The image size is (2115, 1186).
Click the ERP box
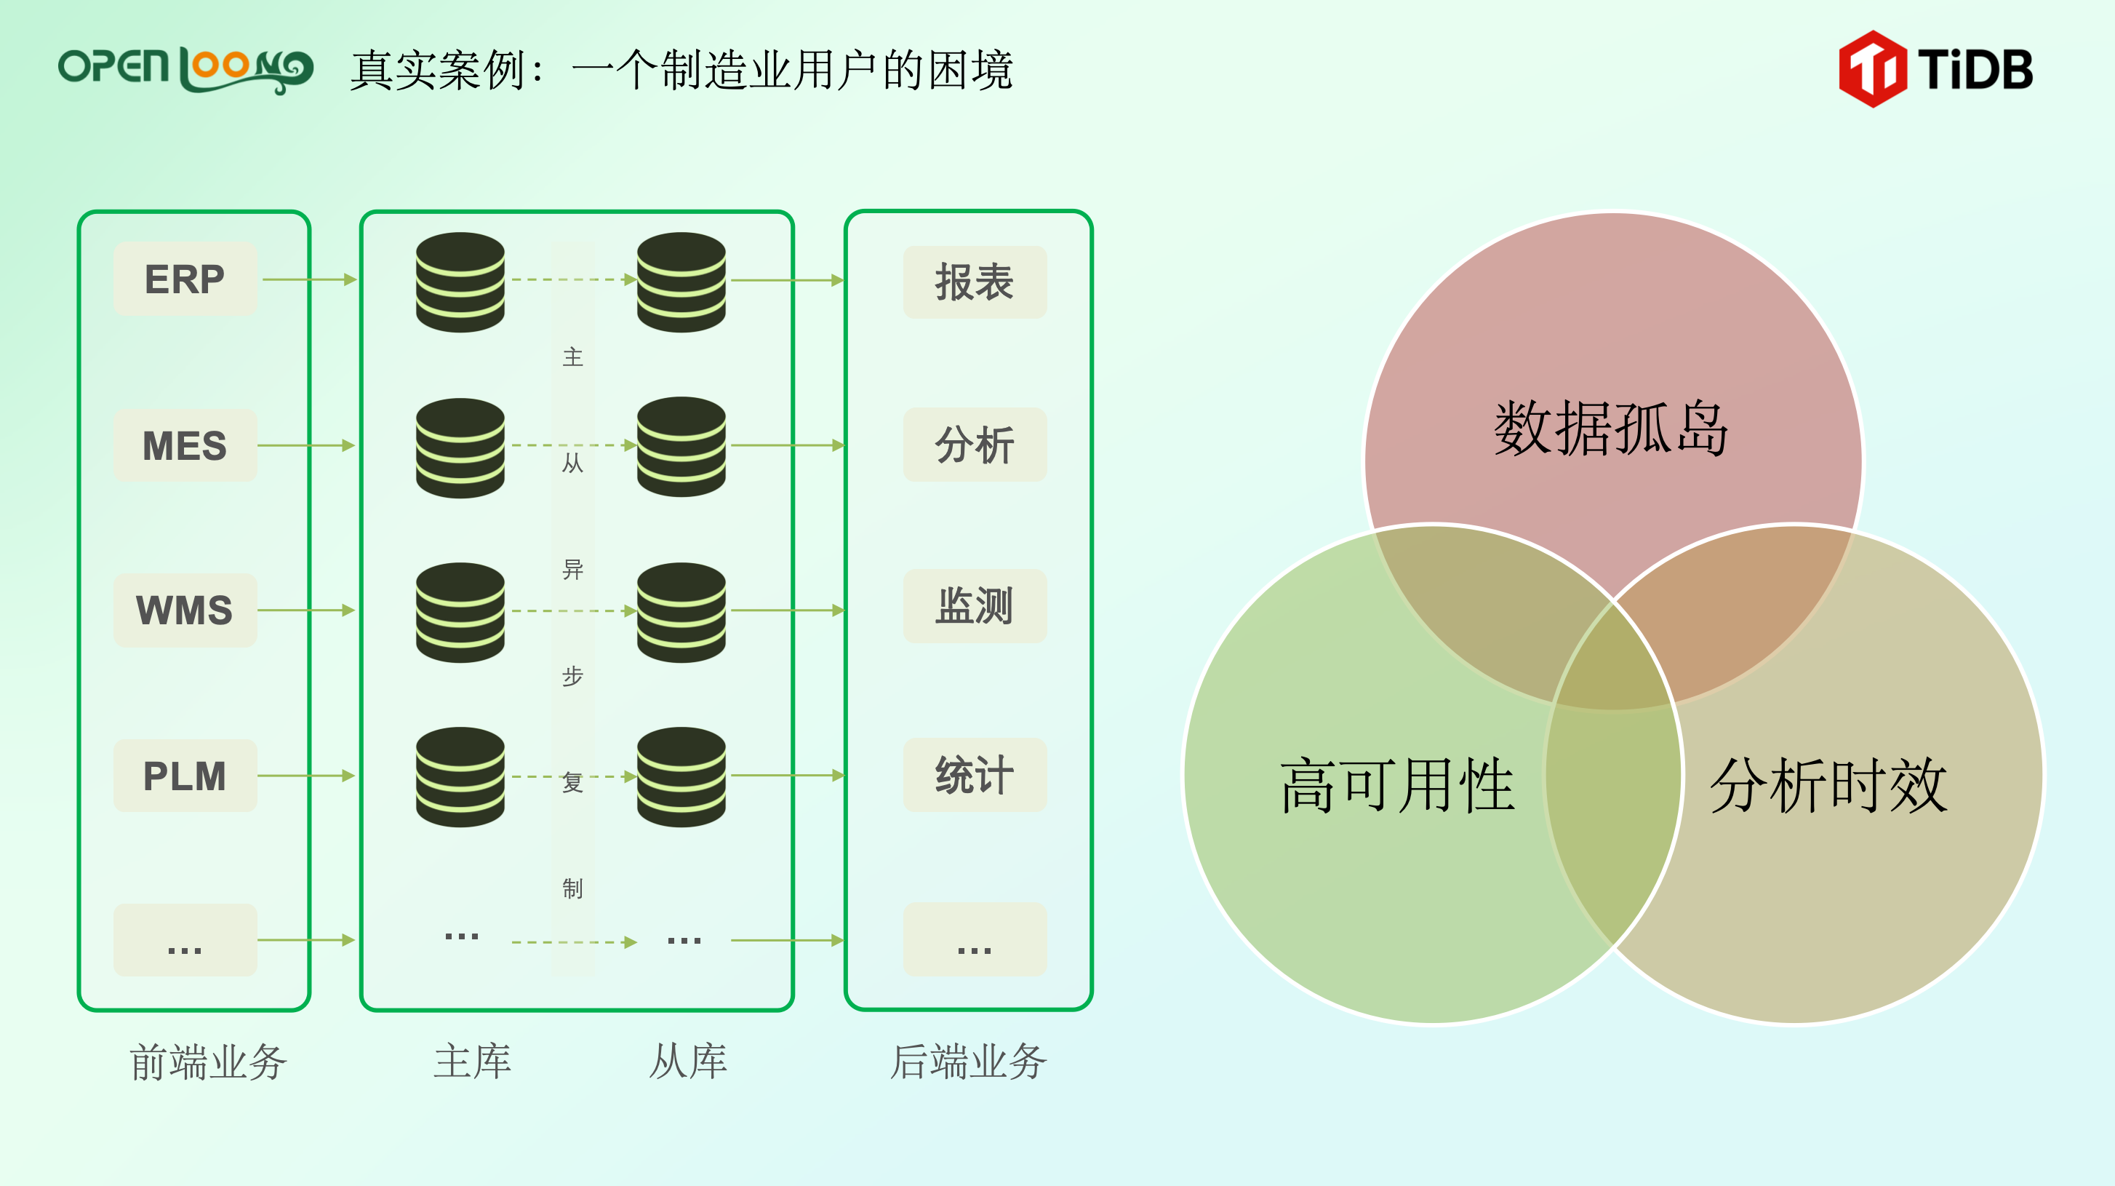tap(185, 279)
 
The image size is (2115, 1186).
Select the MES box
tap(185, 446)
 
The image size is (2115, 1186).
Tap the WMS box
tap(185, 610)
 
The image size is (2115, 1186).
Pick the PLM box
tap(185, 776)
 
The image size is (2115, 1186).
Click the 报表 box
tap(975, 282)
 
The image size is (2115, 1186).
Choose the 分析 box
tap(975, 445)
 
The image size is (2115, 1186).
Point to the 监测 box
tap(975, 607)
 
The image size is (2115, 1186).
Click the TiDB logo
tap(1935, 69)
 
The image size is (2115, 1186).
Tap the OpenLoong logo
tap(185, 69)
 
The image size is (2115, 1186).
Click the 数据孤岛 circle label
tap(1611, 429)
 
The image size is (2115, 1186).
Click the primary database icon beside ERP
tap(460, 282)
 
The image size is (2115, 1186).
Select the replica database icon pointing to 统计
tap(681, 777)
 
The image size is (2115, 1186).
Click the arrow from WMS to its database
tap(305, 610)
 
